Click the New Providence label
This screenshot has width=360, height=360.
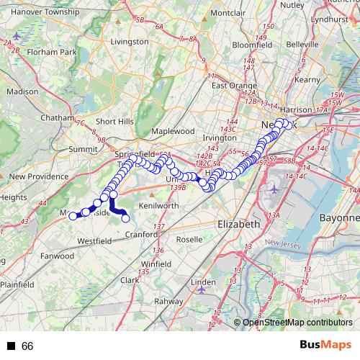[38, 176]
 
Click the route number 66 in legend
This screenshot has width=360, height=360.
[28, 346]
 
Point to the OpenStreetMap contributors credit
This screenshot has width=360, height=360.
[297, 323]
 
